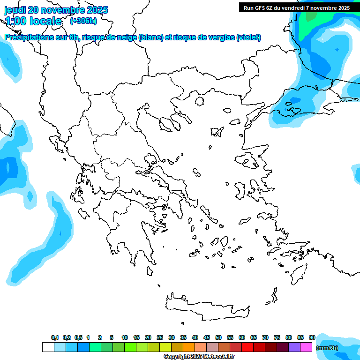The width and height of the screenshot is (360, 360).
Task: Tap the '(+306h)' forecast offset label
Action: pos(83,21)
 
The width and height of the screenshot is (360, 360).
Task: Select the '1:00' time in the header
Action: pos(15,21)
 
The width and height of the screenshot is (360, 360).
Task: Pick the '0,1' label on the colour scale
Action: pos(55,337)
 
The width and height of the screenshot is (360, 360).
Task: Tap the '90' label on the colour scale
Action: pos(312,337)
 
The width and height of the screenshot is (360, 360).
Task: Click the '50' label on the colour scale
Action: pos(218,337)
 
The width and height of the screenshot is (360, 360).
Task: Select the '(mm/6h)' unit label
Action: pos(327,347)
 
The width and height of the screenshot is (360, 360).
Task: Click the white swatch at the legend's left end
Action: pos(48,347)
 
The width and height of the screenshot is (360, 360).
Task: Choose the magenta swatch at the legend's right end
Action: pos(306,347)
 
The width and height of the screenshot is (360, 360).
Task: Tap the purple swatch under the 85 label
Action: pos(294,347)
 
